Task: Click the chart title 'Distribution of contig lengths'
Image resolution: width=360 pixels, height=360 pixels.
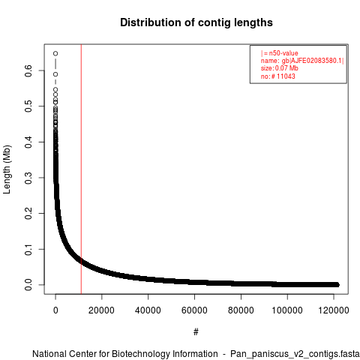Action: (x=196, y=22)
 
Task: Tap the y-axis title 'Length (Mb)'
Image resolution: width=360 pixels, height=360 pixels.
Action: (x=7, y=169)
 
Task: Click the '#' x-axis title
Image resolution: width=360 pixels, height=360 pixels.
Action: (x=196, y=332)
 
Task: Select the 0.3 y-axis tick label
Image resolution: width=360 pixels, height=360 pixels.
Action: (x=28, y=178)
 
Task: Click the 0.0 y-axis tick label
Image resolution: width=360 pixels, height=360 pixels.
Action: (x=28, y=285)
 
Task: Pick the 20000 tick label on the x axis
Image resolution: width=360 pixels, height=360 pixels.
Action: (x=101, y=310)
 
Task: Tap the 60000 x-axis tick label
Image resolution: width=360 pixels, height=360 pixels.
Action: (x=194, y=310)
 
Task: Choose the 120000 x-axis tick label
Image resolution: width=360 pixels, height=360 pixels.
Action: (x=334, y=310)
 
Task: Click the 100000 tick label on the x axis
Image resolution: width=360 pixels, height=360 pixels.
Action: (x=287, y=310)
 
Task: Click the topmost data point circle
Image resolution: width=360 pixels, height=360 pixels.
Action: (x=55, y=53)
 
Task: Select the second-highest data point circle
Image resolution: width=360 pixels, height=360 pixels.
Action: (x=55, y=74)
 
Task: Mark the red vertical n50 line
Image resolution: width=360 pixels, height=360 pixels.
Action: (x=81, y=169)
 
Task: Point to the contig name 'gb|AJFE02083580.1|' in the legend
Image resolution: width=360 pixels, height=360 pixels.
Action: (x=313, y=61)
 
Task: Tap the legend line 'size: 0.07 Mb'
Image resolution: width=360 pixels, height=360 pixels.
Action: (x=280, y=68)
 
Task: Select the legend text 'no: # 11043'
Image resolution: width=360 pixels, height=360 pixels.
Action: (x=278, y=76)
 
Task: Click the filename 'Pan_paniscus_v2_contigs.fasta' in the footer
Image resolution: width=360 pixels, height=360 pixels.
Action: (x=295, y=354)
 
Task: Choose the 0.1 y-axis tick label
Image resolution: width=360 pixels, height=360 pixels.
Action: (x=28, y=249)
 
